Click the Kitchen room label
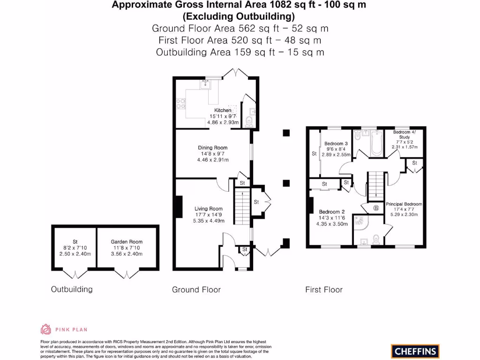click(x=223, y=110)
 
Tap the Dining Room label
click(x=212, y=148)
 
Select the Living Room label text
click(x=209, y=209)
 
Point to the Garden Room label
click(x=126, y=242)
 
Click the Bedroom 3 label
click(x=336, y=143)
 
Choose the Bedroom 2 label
click(x=333, y=212)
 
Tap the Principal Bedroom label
click(x=404, y=204)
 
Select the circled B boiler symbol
click(x=376, y=208)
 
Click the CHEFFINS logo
click(x=415, y=351)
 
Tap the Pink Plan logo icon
click(x=46, y=329)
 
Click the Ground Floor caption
click(x=196, y=290)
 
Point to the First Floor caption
click(x=323, y=290)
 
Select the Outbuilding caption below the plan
click(x=72, y=289)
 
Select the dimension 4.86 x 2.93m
click(x=223, y=122)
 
